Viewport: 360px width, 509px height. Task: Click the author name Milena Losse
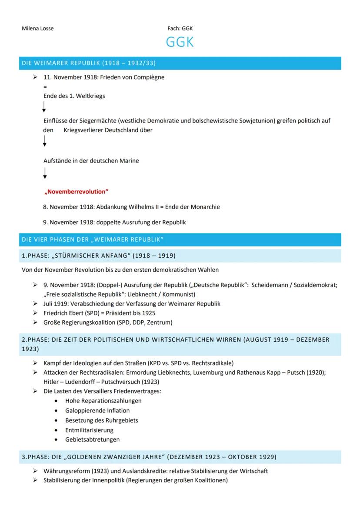[38, 29]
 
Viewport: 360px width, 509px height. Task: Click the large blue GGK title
[180, 43]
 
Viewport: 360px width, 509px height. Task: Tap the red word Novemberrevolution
[77, 192]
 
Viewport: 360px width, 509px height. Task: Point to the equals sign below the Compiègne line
[45, 86]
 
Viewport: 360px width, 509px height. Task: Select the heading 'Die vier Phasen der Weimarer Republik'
[92, 240]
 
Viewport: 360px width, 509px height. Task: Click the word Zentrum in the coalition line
[159, 322]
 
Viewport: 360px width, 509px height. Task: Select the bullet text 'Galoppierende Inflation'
[97, 410]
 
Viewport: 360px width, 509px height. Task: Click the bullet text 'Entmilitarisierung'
[90, 430]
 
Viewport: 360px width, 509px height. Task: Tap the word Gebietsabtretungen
[93, 439]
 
